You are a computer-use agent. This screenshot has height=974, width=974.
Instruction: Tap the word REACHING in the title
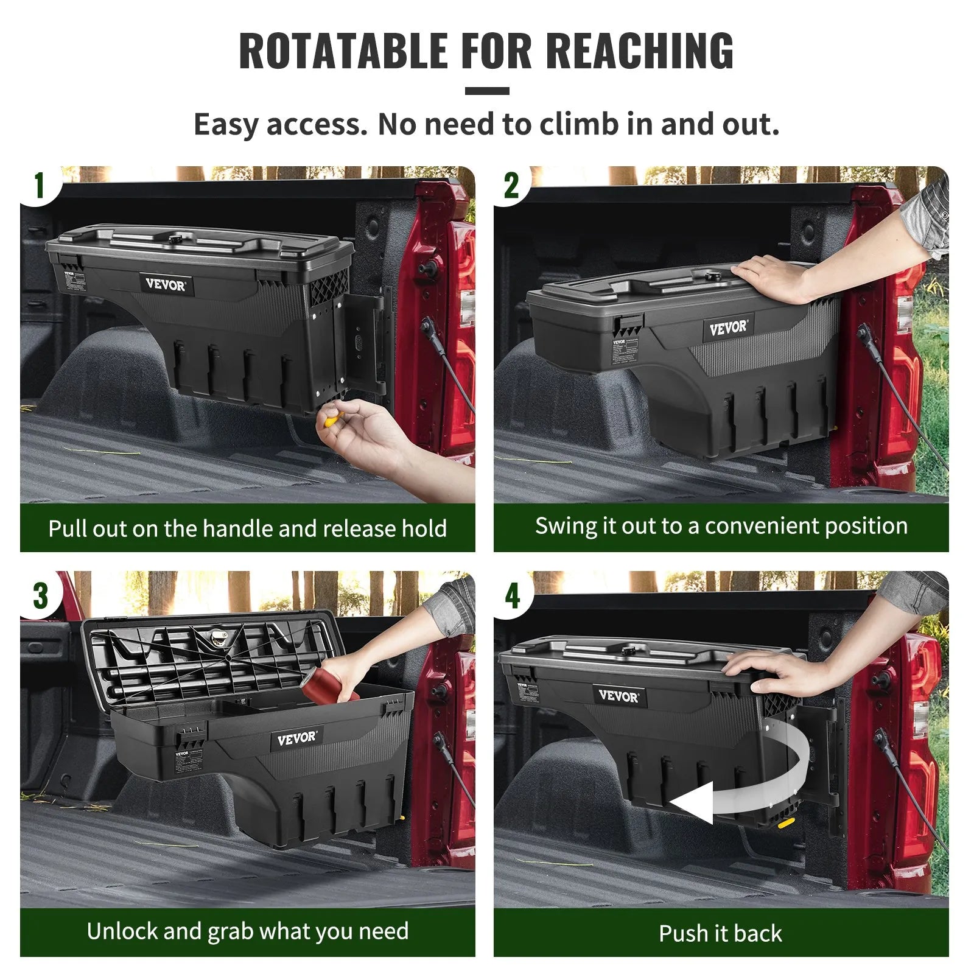(x=640, y=51)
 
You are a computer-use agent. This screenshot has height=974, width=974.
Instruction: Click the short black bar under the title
(x=487, y=91)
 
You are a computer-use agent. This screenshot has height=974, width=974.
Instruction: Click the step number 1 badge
(x=39, y=185)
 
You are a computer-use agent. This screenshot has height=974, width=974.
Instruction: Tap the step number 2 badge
(x=511, y=185)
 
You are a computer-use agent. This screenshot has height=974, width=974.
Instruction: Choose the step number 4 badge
(x=513, y=595)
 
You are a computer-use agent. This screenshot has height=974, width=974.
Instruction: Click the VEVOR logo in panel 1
(x=166, y=284)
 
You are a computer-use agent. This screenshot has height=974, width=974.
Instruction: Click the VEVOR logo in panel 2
(x=728, y=329)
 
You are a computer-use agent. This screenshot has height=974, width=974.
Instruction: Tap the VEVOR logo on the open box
(x=296, y=739)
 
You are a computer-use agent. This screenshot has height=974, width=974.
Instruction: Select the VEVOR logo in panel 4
(x=618, y=696)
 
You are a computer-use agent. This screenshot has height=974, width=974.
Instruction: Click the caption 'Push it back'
(x=720, y=933)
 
